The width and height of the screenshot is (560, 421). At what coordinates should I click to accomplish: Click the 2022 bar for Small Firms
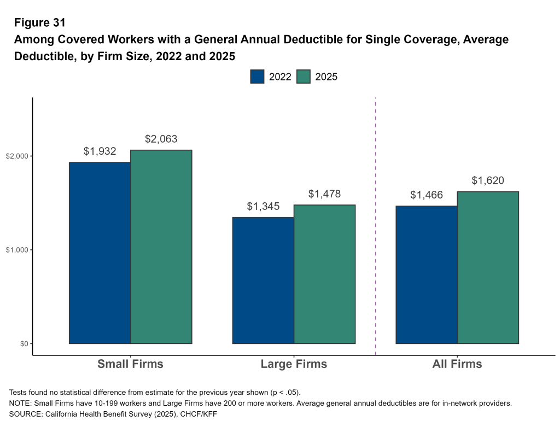pos(100,253)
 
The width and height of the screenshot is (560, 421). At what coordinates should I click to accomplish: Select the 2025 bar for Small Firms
pos(161,247)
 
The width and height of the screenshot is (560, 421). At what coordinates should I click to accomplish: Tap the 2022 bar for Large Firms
pos(263,280)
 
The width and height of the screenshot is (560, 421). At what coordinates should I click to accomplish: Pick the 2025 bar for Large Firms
pos(325,274)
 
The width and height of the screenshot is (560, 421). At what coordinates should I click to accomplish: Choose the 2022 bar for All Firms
pos(426,274)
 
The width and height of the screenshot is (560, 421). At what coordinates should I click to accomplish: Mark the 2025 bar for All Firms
pos(488,267)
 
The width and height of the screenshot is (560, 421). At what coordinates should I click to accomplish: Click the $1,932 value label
pos(100,151)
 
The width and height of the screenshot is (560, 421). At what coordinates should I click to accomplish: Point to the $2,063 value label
pos(161,139)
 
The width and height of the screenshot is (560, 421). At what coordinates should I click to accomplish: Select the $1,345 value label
pos(263,207)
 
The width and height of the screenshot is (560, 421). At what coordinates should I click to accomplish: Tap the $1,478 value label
pos(324,194)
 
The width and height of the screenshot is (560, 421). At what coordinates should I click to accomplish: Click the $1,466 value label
pos(426,195)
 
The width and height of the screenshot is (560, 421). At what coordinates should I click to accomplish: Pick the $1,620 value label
pos(487,181)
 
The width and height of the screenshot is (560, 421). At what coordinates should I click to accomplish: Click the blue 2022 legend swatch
pos(257,77)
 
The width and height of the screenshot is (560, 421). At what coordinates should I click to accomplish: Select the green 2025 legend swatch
pos(304,77)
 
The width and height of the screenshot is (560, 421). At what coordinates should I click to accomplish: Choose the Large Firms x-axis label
pos(294,364)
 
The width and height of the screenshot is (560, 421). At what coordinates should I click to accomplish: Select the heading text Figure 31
pos(39,23)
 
